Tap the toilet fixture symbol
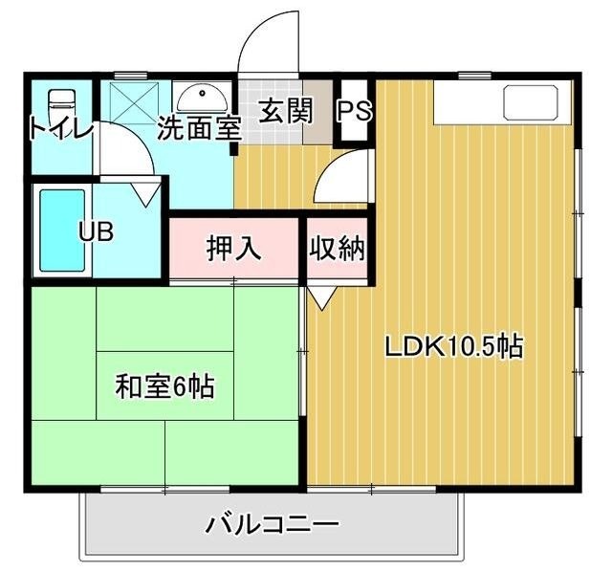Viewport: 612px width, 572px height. tap(61, 100)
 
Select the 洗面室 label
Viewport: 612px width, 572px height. tap(198, 127)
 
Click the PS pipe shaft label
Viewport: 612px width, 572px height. tap(353, 112)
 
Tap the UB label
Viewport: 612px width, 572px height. tap(97, 233)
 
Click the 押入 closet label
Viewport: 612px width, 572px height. tap(234, 248)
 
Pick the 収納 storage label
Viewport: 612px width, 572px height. tap(337, 249)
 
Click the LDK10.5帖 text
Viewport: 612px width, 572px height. tap(453, 346)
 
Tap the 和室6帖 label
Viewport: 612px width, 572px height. tap(164, 387)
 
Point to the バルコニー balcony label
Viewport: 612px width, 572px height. tap(273, 525)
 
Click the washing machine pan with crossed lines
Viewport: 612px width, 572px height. tap(135, 99)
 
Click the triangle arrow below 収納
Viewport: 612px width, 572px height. tap(320, 297)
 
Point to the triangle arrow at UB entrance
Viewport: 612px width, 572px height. tap(146, 196)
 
